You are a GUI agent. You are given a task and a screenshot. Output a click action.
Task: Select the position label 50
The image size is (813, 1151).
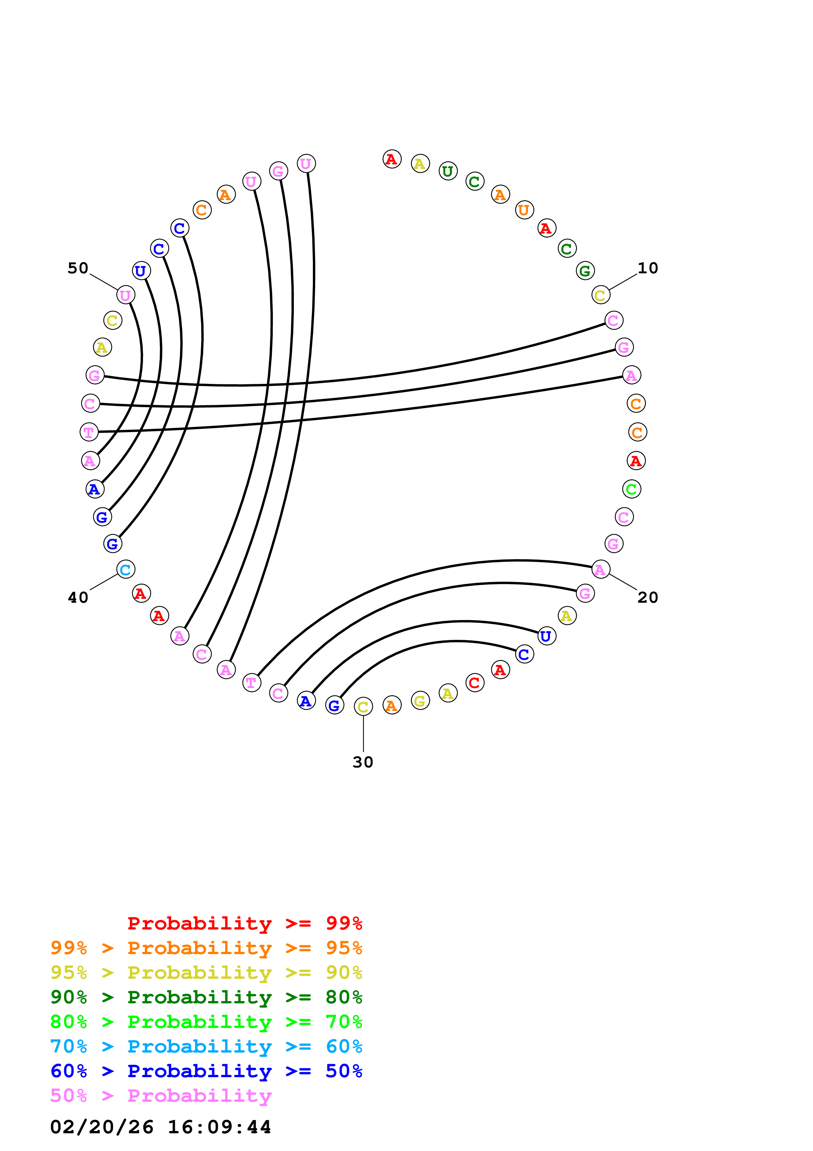78,268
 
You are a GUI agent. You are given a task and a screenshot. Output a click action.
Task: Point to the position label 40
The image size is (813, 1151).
78,597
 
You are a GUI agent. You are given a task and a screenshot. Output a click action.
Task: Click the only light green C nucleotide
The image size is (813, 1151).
632,489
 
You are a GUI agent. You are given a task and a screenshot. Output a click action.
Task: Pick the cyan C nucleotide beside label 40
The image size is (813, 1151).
125,570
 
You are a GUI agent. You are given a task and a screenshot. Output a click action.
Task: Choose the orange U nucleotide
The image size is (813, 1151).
524,210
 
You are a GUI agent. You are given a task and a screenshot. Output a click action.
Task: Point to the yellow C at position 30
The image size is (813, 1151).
363,707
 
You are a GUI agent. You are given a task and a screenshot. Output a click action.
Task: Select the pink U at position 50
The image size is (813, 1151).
126,295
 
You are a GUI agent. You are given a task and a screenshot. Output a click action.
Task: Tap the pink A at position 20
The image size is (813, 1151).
600,570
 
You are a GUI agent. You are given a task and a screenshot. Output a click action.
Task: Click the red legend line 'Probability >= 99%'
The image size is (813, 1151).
244,923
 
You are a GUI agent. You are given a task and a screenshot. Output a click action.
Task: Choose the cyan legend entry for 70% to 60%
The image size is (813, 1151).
206,1047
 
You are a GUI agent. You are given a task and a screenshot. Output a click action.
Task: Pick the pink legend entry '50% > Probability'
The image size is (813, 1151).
161,1096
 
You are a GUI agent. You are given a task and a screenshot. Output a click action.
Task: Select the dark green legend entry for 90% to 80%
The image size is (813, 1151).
206,997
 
